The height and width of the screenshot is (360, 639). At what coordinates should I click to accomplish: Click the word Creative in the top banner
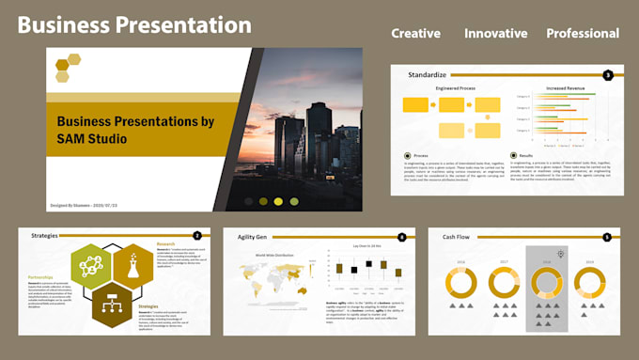[x=415, y=33]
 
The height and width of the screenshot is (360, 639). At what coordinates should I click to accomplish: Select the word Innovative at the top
[x=495, y=33]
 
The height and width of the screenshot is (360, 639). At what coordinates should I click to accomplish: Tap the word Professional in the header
[x=583, y=33]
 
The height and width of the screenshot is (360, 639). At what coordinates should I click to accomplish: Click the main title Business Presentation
[x=134, y=24]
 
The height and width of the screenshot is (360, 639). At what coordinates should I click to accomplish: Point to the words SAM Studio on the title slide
[x=92, y=139]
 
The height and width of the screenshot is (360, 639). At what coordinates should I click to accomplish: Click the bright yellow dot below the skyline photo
[x=278, y=201]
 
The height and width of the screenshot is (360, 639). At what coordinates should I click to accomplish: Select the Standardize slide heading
[x=428, y=73]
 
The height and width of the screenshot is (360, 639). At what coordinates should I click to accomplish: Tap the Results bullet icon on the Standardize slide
[x=514, y=155]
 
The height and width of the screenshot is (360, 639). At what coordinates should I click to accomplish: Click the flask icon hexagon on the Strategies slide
[x=132, y=266]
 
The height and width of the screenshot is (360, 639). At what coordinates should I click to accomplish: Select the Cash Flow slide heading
[x=457, y=237]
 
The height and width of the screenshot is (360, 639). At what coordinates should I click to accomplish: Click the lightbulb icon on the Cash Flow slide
[x=561, y=254]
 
